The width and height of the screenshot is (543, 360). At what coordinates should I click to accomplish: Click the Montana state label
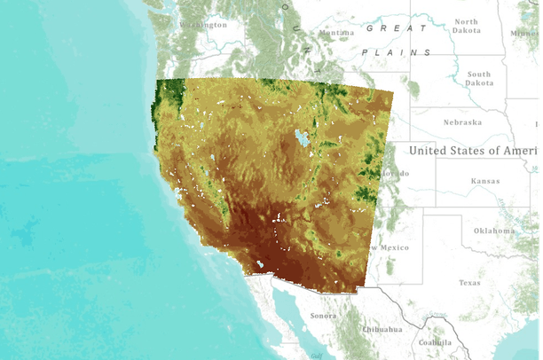coord(336,34)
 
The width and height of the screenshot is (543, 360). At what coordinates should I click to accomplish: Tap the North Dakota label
coord(466,27)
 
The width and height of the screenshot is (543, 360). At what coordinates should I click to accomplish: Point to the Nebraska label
coord(462,122)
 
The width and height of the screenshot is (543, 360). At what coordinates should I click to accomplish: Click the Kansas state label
coord(485,181)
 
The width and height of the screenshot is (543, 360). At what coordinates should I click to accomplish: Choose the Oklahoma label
coord(493,231)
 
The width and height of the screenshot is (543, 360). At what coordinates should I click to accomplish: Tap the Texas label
coord(469,283)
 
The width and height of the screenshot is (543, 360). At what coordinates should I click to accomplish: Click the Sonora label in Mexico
coord(323,316)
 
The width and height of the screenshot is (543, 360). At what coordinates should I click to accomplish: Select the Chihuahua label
coord(382,329)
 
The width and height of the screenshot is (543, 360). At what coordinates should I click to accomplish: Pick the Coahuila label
coord(436,342)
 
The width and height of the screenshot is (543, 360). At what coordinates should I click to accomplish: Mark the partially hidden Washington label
coord(202,25)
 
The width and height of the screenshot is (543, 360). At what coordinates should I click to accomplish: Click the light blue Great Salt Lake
coord(302,138)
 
